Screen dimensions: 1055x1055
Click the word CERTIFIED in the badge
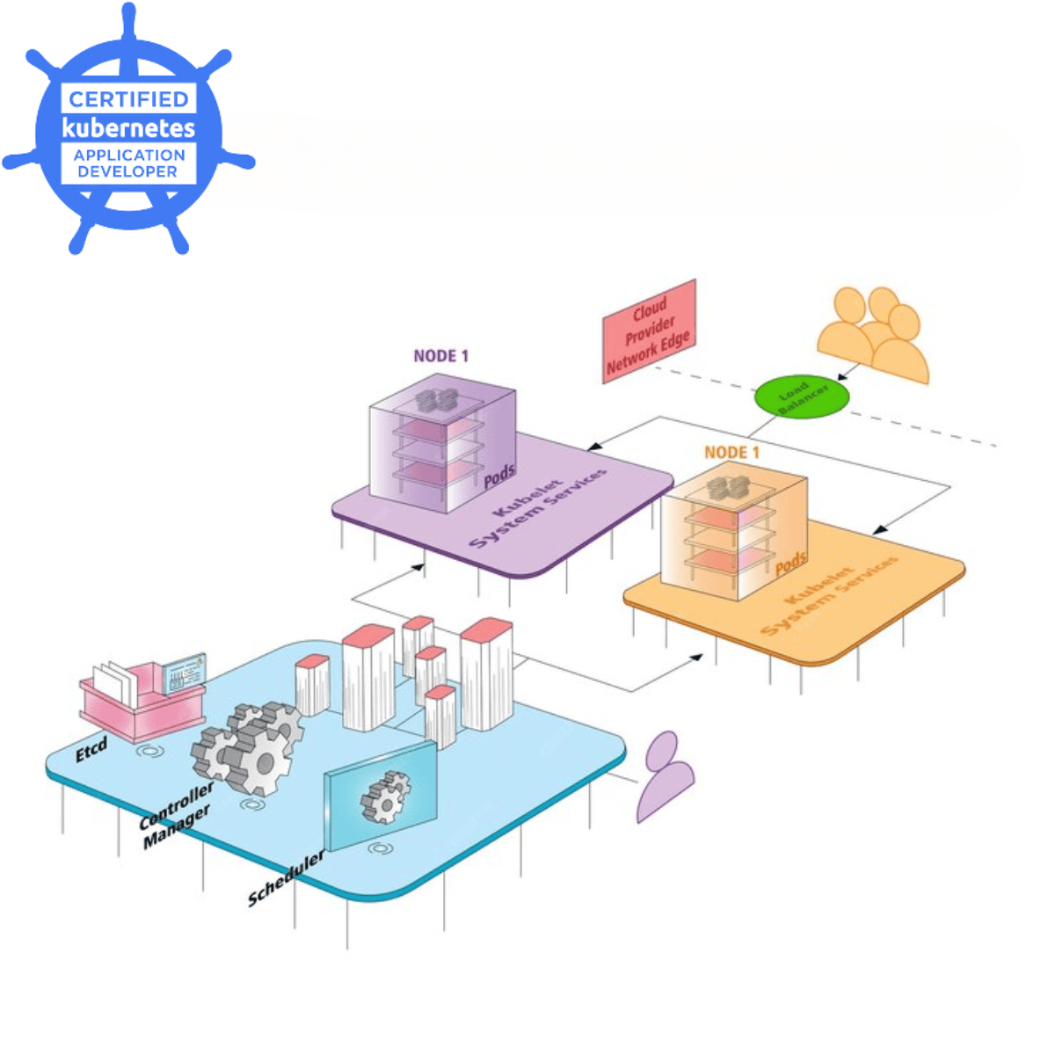(128, 99)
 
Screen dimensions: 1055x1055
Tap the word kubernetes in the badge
(128, 128)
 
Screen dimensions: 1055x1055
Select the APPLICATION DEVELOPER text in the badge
(128, 164)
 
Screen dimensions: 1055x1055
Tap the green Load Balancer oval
(801, 397)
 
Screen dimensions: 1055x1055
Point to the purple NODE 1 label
(440, 356)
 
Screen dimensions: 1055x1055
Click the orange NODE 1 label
(731, 452)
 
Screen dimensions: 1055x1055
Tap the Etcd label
(91, 750)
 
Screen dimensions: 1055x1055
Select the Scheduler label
(286, 878)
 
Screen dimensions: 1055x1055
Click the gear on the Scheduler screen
(385, 797)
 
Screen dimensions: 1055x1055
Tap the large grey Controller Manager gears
(248, 747)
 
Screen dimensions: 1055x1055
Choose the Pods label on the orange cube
(790, 562)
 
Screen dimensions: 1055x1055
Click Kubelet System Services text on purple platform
(537, 508)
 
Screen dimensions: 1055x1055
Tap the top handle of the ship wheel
(129, 18)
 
